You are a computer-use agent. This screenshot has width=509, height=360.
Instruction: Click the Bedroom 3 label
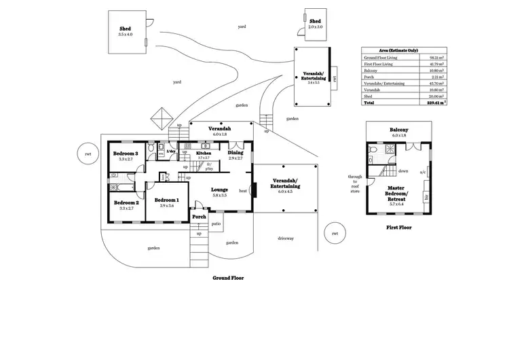pyautogui.click(x=126, y=154)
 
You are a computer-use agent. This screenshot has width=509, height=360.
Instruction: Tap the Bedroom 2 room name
pyautogui.click(x=126, y=203)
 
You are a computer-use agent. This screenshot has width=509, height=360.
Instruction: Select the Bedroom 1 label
pyautogui.click(x=166, y=200)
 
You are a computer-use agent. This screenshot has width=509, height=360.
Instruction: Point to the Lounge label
pyautogui.click(x=219, y=190)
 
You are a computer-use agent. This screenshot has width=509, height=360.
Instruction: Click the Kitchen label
pyautogui.click(x=204, y=154)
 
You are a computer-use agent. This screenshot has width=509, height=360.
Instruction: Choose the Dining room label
pyautogui.click(x=235, y=153)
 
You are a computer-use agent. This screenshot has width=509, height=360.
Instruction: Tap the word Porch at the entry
pyautogui.click(x=199, y=217)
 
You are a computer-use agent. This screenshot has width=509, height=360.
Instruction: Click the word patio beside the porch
pyautogui.click(x=216, y=223)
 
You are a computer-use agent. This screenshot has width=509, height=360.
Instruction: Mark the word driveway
pyautogui.click(x=285, y=238)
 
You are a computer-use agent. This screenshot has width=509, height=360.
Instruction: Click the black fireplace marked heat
pyautogui.click(x=253, y=191)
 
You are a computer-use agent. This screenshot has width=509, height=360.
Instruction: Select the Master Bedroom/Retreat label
pyautogui.click(x=397, y=193)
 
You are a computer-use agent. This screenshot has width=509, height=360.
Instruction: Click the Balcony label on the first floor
pyautogui.click(x=398, y=130)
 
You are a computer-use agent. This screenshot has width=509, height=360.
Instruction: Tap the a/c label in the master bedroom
pyautogui.click(x=423, y=173)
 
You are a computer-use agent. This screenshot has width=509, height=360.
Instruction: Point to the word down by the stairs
pyautogui.click(x=403, y=171)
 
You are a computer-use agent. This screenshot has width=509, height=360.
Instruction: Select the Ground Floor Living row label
pyautogui.click(x=381, y=58)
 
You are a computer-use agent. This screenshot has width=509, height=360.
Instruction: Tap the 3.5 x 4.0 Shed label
pyautogui.click(x=126, y=34)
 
